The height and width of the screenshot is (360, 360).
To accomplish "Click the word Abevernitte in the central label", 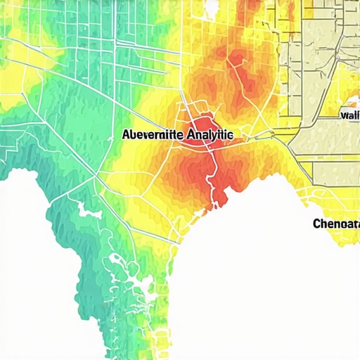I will coord(150,133).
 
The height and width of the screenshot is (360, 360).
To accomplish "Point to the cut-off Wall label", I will coord(349,115).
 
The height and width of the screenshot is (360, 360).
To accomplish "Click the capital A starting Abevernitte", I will coord(126,133).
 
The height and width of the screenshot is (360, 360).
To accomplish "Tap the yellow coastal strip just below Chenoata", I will coord(337,243).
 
